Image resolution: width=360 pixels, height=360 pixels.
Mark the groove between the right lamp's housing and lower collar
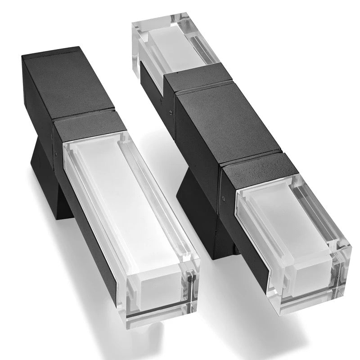click(x=243, y=157)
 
